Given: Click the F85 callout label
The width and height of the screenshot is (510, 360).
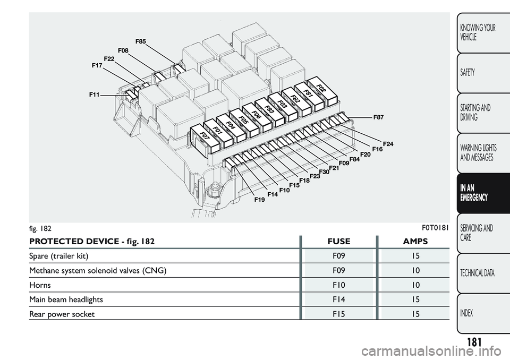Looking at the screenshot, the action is pyautogui.click(x=140, y=41).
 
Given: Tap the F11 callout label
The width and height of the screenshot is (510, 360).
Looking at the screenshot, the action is pyautogui.click(x=95, y=95).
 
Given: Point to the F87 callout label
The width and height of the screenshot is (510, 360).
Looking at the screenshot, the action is pyautogui.click(x=378, y=117).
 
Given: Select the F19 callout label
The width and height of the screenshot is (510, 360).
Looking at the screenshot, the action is pyautogui.click(x=260, y=200).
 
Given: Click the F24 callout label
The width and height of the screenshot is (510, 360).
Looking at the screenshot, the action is pyautogui.click(x=388, y=144).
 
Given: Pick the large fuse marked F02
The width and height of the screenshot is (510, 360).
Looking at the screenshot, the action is pyautogui.click(x=322, y=91).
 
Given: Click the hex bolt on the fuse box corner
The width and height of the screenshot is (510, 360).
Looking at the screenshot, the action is pyautogui.click(x=214, y=189).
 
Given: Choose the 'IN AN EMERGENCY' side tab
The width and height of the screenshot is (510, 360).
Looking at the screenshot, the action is pyautogui.click(x=483, y=193).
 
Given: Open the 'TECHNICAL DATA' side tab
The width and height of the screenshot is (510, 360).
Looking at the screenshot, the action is pyautogui.click(x=483, y=273).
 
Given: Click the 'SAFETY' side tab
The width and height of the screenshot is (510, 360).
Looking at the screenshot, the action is pyautogui.click(x=483, y=73).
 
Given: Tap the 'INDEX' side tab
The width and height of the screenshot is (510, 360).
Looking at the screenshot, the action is pyautogui.click(x=483, y=313).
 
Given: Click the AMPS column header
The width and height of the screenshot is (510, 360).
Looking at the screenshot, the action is pyautogui.click(x=415, y=242).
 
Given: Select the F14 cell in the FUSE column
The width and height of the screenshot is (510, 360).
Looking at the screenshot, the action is pyautogui.click(x=339, y=299).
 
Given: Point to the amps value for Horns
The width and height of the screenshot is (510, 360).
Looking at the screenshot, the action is pyautogui.click(x=415, y=285).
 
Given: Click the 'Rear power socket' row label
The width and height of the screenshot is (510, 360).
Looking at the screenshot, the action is pyautogui.click(x=62, y=314).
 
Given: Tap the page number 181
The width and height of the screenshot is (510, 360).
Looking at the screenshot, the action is pyautogui.click(x=474, y=342).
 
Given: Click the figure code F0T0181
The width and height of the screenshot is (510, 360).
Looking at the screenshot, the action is pyautogui.click(x=435, y=228).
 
